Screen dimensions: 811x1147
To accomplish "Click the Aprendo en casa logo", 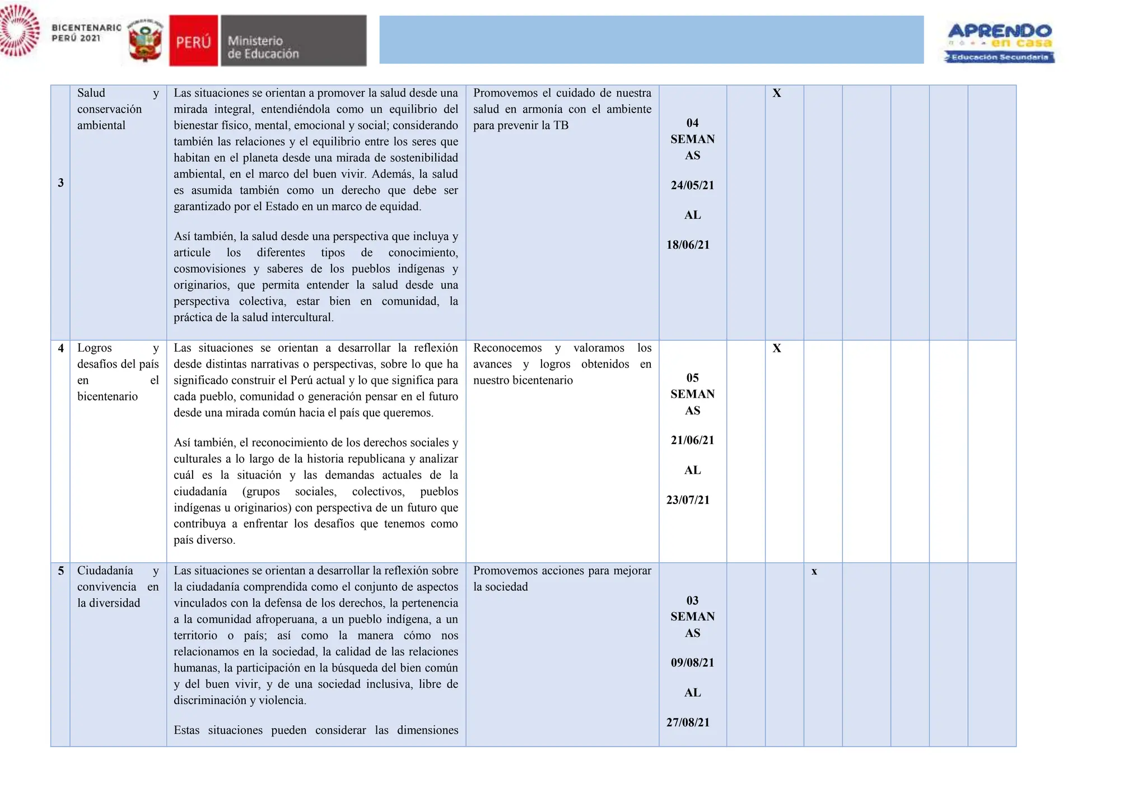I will click(x=999, y=43).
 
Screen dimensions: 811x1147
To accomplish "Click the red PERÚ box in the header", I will click(x=193, y=41).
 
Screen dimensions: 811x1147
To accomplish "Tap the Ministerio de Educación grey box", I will click(x=293, y=41).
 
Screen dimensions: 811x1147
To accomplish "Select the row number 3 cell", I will click(x=60, y=183).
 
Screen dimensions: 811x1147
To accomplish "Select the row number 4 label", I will click(x=60, y=348).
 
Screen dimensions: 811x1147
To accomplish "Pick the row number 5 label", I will click(x=60, y=571).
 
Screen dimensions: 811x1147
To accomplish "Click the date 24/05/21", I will click(x=692, y=185).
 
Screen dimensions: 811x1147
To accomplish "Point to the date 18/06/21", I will click(x=688, y=245).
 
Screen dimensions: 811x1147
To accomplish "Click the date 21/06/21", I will click(x=692, y=440).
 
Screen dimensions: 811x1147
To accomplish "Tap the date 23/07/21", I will click(x=688, y=500).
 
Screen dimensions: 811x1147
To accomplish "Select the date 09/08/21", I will click(x=692, y=663).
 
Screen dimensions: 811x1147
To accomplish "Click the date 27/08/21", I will click(x=688, y=723).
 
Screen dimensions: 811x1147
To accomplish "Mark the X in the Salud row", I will click(x=776, y=94).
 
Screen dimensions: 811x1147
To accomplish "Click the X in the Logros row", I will click(x=776, y=348).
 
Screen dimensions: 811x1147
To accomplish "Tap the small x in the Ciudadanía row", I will click(x=814, y=571).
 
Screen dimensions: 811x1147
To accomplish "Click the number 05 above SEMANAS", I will click(x=692, y=378).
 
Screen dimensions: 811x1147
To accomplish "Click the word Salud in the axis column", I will click(x=91, y=93).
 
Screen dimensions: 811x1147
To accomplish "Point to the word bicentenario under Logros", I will click(x=108, y=397).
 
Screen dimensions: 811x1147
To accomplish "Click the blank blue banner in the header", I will click(x=651, y=40).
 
